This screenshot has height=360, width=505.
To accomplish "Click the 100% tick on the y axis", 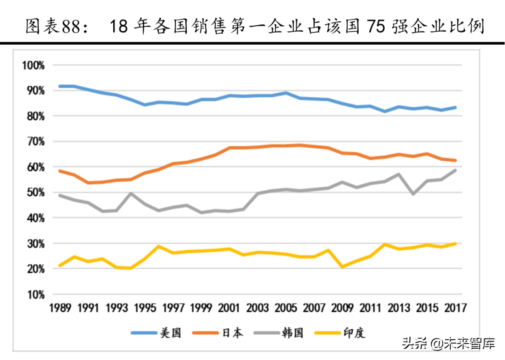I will click(x=33, y=65).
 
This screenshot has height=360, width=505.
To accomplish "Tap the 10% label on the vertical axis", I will click(x=35, y=294).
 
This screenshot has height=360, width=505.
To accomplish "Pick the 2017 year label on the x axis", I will click(x=456, y=308).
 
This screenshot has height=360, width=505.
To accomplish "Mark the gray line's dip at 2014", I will click(x=413, y=194).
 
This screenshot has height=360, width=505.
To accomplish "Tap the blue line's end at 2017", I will click(x=455, y=107).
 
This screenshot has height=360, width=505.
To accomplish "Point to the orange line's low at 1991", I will click(x=89, y=183).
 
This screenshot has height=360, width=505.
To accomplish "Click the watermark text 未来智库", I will click(x=471, y=344).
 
